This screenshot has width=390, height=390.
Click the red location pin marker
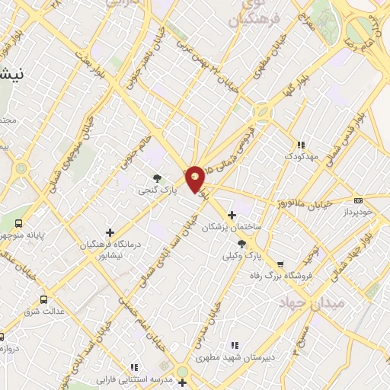(195, 179)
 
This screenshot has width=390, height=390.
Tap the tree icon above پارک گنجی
(158, 177)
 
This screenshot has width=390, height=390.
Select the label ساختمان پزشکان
(232, 227)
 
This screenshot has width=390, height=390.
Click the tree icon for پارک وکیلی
(242, 244)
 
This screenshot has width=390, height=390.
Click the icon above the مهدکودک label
(301, 144)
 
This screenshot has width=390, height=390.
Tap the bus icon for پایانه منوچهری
(21, 223)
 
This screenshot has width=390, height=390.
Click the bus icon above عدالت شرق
(43, 299)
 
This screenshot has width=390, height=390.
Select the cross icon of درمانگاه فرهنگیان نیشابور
(110, 233)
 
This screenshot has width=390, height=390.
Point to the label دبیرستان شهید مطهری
(235, 356)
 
